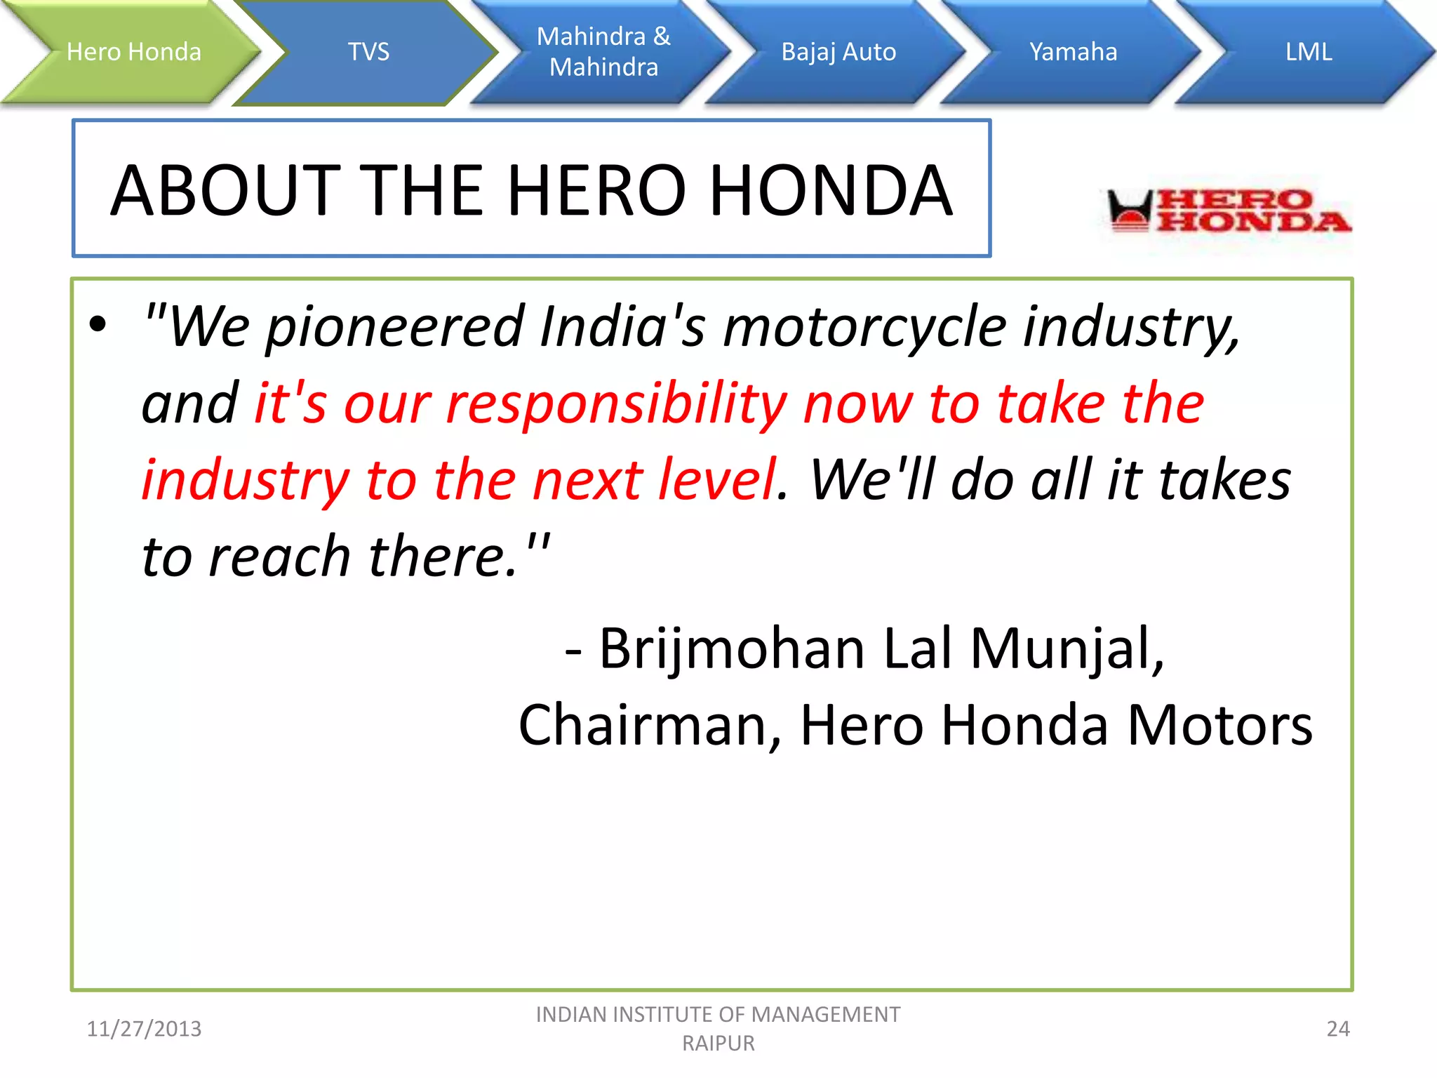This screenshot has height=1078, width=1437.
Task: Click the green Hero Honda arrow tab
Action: (x=133, y=52)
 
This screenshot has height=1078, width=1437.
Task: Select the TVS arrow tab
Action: (x=368, y=52)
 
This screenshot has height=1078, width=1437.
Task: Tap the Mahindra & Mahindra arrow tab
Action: (x=603, y=52)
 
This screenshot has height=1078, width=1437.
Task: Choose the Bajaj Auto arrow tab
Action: (x=838, y=52)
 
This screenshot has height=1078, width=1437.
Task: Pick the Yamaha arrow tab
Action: (x=1073, y=52)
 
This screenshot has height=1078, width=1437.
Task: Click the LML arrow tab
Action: (x=1308, y=52)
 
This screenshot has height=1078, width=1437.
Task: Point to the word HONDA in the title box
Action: (x=831, y=190)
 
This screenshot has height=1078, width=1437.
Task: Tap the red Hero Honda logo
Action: (x=1228, y=211)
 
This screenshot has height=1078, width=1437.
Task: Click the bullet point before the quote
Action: (x=98, y=324)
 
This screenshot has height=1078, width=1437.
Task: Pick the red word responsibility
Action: (x=617, y=404)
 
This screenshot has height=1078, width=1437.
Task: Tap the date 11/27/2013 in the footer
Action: (x=144, y=1029)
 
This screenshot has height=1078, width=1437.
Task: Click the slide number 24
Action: (x=1337, y=1029)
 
